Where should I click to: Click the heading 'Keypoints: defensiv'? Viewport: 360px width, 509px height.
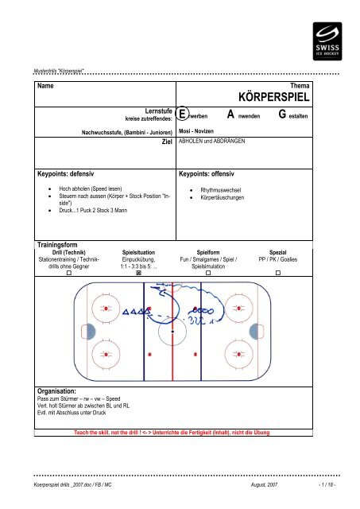tap(71, 172)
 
